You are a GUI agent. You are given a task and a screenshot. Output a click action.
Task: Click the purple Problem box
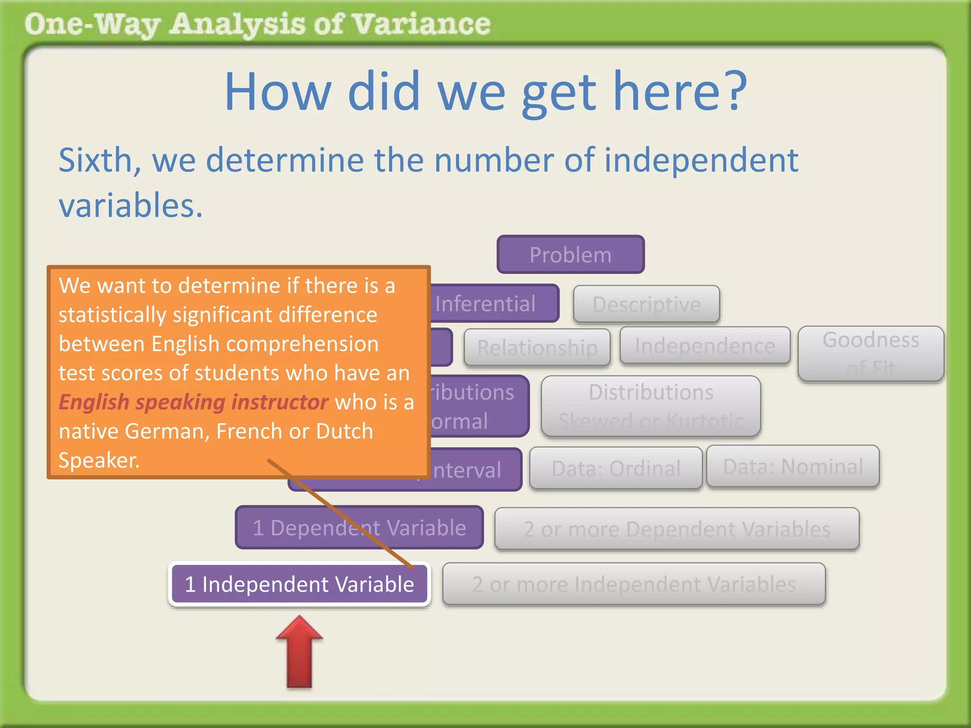pos(570,255)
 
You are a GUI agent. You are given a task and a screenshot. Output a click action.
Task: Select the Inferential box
pos(493,303)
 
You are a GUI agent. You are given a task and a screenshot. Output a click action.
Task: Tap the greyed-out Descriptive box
pos(646,304)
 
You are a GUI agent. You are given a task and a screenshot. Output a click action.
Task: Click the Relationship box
pos(537,347)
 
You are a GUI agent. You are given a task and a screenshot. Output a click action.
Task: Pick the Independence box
pos(705,346)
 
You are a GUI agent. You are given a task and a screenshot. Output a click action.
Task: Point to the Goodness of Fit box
pos(870,353)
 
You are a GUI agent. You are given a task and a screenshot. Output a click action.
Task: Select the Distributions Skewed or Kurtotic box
pos(650,406)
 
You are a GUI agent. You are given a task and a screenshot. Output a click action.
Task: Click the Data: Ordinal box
pos(615,468)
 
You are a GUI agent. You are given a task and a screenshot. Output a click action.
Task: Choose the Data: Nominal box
pos(792,466)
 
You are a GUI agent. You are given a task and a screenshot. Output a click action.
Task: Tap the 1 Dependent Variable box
pos(359,528)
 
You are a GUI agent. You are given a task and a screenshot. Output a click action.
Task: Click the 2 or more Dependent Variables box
pos(677,529)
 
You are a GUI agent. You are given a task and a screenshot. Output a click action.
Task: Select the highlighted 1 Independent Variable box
pos(299,584)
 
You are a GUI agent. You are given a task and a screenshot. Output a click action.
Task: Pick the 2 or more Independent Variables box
pos(633,584)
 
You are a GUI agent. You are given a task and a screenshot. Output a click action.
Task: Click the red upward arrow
pos(299,652)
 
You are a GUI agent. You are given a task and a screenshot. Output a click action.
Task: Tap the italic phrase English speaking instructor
pos(193,402)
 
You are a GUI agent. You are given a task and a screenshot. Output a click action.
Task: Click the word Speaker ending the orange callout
pos(98,460)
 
